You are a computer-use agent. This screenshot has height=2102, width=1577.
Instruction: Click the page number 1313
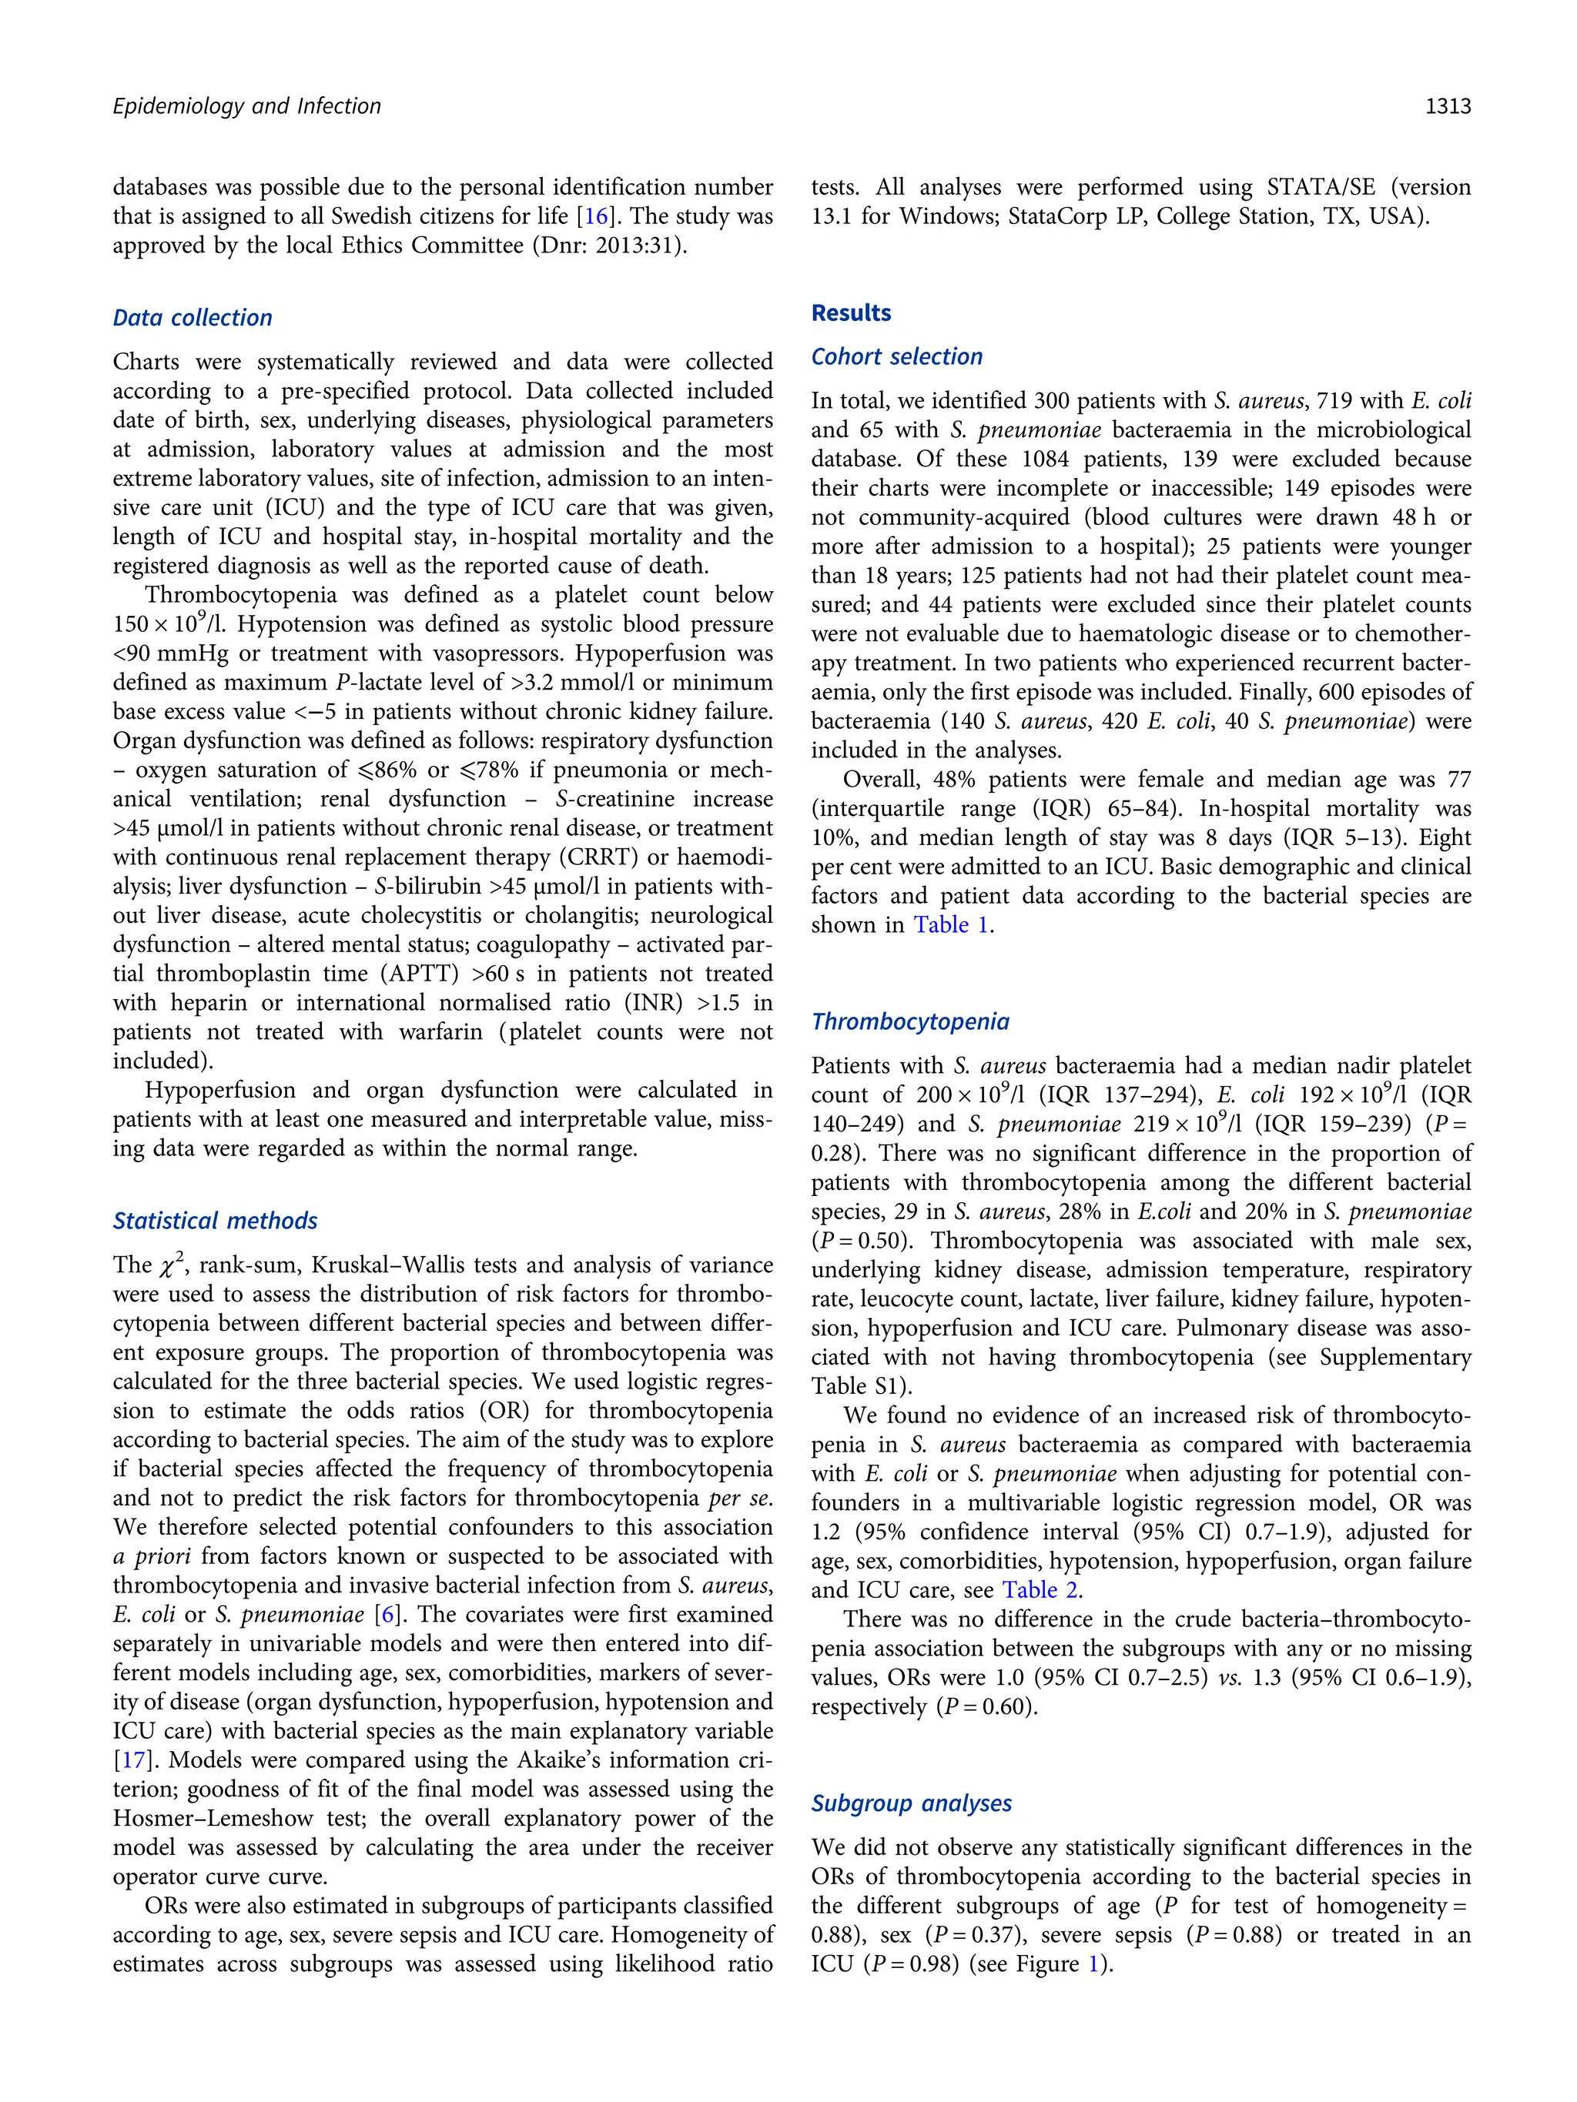pyautogui.click(x=1447, y=106)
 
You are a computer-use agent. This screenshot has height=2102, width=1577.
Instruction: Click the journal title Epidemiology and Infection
pyautogui.click(x=246, y=106)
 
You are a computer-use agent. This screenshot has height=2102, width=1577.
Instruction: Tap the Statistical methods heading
pyautogui.click(x=215, y=1221)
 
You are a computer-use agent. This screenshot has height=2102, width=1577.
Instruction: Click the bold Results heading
pyautogui.click(x=851, y=313)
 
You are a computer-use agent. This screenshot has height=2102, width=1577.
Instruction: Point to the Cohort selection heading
pyautogui.click(x=896, y=357)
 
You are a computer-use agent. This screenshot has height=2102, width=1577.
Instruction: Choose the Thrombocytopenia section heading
pyautogui.click(x=909, y=1022)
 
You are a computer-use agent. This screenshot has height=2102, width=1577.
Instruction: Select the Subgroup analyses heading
pyautogui.click(x=911, y=1803)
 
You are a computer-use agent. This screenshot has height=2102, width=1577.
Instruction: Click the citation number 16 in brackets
pyautogui.click(x=596, y=216)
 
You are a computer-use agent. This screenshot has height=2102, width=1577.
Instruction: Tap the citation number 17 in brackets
pyautogui.click(x=131, y=1761)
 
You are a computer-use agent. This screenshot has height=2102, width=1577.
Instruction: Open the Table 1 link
pyautogui.click(x=950, y=926)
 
